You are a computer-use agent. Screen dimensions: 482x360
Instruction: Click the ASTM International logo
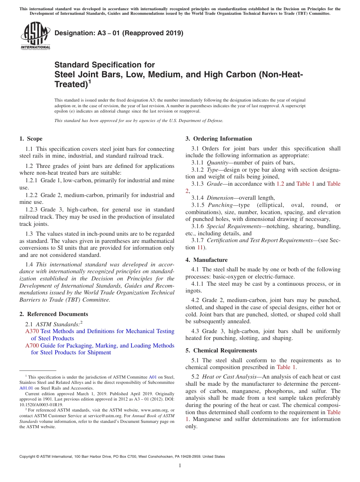(x=35, y=36)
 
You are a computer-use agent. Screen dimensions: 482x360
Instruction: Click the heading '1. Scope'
(x=31, y=139)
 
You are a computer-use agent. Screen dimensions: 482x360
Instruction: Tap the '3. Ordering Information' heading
(x=218, y=139)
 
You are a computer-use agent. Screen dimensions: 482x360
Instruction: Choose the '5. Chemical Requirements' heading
(x=221, y=351)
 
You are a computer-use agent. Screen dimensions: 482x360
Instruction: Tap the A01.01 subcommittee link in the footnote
(x=26, y=388)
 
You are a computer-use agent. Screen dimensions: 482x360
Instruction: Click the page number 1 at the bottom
(x=180, y=465)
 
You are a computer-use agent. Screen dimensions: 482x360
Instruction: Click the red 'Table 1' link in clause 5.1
(x=283, y=367)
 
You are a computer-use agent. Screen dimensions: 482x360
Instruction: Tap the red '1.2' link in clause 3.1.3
(x=280, y=184)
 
